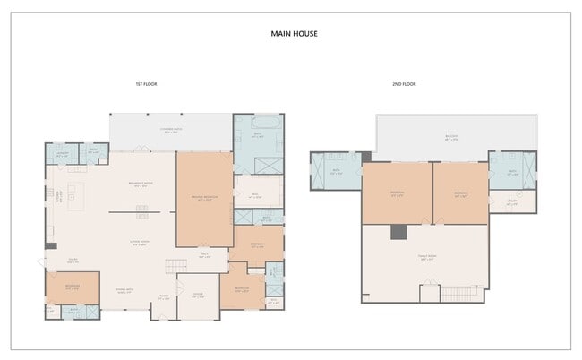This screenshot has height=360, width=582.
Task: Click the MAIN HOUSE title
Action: coord(294,34)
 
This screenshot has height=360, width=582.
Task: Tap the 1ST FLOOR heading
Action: coord(147,84)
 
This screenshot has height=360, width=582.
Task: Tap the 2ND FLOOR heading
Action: coord(403,84)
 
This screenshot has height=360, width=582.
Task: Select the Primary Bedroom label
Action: coord(203,200)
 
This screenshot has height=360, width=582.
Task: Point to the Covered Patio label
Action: coord(172,131)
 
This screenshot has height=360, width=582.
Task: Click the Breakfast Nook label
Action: coord(139,184)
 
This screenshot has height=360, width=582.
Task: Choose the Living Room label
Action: coord(139,243)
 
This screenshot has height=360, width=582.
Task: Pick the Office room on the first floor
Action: coord(198,296)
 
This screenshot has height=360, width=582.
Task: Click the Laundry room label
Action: coord(62,153)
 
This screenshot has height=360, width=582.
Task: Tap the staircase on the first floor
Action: coord(175,267)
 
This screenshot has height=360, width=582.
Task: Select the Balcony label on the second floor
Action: coord(454,138)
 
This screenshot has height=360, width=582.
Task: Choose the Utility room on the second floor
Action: coord(511,202)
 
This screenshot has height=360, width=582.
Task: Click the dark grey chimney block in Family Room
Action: coord(398,232)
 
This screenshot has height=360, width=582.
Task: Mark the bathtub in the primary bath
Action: coord(259,122)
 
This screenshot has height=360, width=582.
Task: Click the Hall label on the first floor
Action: coord(204,255)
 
